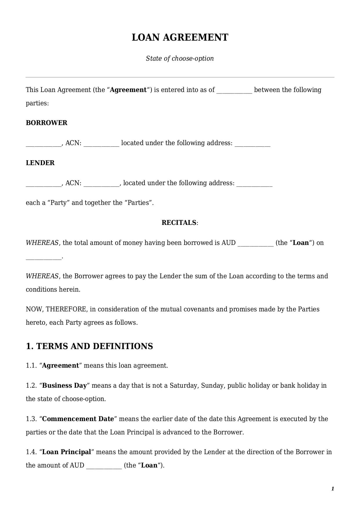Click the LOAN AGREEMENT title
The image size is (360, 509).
pyautogui.click(x=180, y=37)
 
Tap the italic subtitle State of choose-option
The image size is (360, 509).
pyautogui.click(x=180, y=58)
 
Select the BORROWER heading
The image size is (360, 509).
pyautogui.click(x=46, y=123)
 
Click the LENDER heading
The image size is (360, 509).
pyautogui.click(x=40, y=163)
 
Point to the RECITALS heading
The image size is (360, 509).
pyautogui.click(x=179, y=223)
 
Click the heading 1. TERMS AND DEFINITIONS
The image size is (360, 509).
pyautogui.click(x=89, y=346)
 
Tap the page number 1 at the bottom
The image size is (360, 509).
pyautogui.click(x=332, y=489)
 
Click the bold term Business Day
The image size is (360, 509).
pyautogui.click(x=64, y=385)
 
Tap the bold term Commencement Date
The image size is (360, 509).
pyautogui.click(x=78, y=419)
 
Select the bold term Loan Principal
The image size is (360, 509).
pyautogui.click(x=67, y=452)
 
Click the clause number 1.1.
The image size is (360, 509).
pyautogui.click(x=31, y=365)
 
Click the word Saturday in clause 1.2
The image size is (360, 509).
pyautogui.click(x=184, y=385)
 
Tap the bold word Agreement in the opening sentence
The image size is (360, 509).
pyautogui.click(x=128, y=90)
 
